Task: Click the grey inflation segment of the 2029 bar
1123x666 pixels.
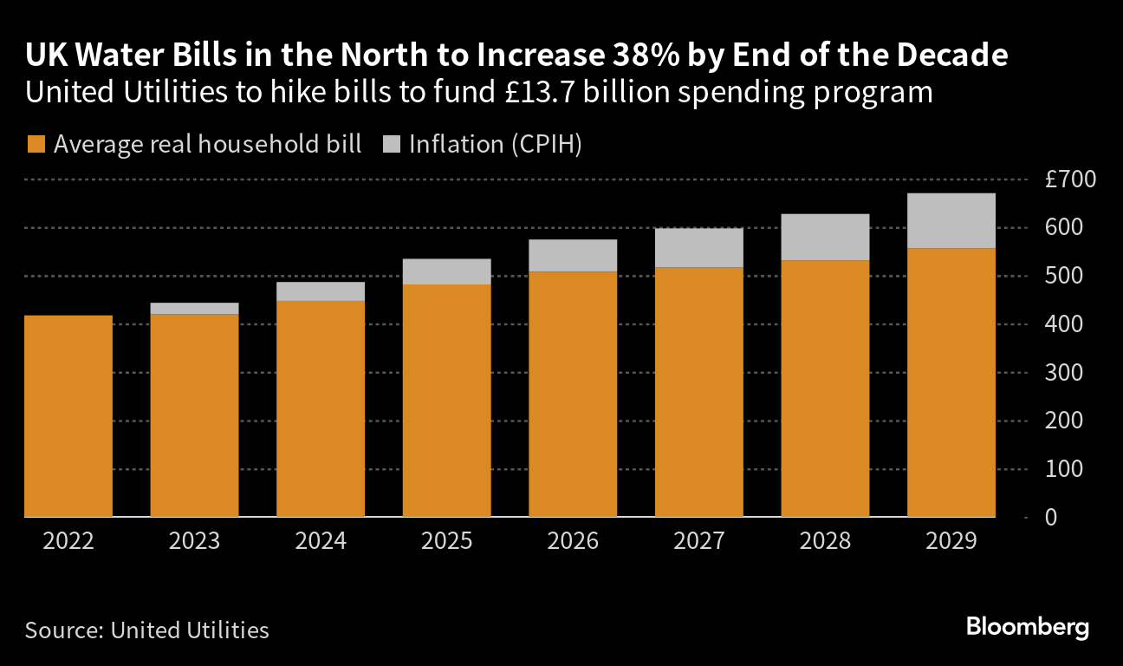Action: coord(951,221)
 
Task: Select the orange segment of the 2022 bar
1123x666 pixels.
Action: coord(68,416)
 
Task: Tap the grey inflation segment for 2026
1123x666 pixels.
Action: coord(573,256)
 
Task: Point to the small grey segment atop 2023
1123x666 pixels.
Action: coord(194,309)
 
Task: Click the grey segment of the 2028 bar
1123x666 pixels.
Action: coord(825,237)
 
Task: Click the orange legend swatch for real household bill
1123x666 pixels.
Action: coord(36,144)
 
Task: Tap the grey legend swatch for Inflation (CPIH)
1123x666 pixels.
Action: coord(391,144)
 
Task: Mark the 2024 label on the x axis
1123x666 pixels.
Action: coord(321,541)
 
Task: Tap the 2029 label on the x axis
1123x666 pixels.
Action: coord(951,541)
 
